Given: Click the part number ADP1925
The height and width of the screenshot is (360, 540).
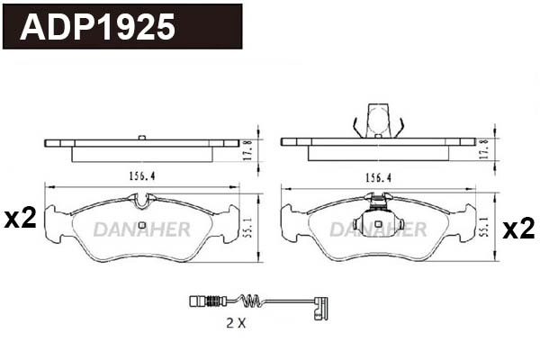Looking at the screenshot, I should [98, 27].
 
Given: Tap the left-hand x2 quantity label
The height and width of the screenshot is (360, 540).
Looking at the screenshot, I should [20, 218].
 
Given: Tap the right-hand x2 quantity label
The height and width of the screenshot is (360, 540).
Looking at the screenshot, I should [517, 229].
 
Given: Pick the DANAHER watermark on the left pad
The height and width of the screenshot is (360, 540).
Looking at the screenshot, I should [141, 230].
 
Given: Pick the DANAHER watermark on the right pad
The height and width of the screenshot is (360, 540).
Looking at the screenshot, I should [377, 230].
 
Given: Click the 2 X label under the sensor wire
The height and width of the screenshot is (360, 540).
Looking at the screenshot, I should [235, 322].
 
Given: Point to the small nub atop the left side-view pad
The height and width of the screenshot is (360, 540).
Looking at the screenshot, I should [141, 137].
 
